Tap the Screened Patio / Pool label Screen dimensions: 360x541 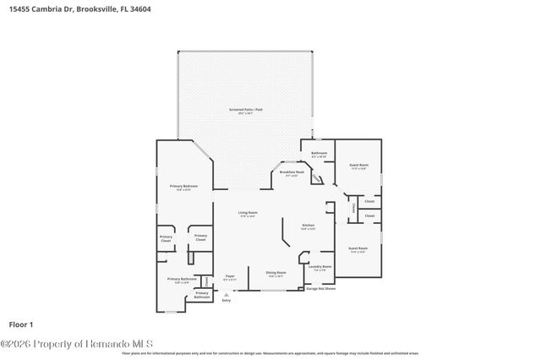click(246, 111)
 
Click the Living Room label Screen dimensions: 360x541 click(247, 215)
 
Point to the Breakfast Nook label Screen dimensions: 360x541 click(292, 173)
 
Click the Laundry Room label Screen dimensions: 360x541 click(320, 268)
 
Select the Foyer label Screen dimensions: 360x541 click(229, 277)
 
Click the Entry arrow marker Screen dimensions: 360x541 click(226, 293)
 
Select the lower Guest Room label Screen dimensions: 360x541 click(358, 249)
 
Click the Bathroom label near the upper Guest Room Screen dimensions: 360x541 click(319, 155)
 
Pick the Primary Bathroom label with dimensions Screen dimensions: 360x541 click(182, 280)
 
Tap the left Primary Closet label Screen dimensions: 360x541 click(166, 239)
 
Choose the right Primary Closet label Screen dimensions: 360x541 click(200, 238)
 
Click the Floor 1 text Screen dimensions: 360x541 click(20, 324)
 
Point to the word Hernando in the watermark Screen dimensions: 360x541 click(104, 343)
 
